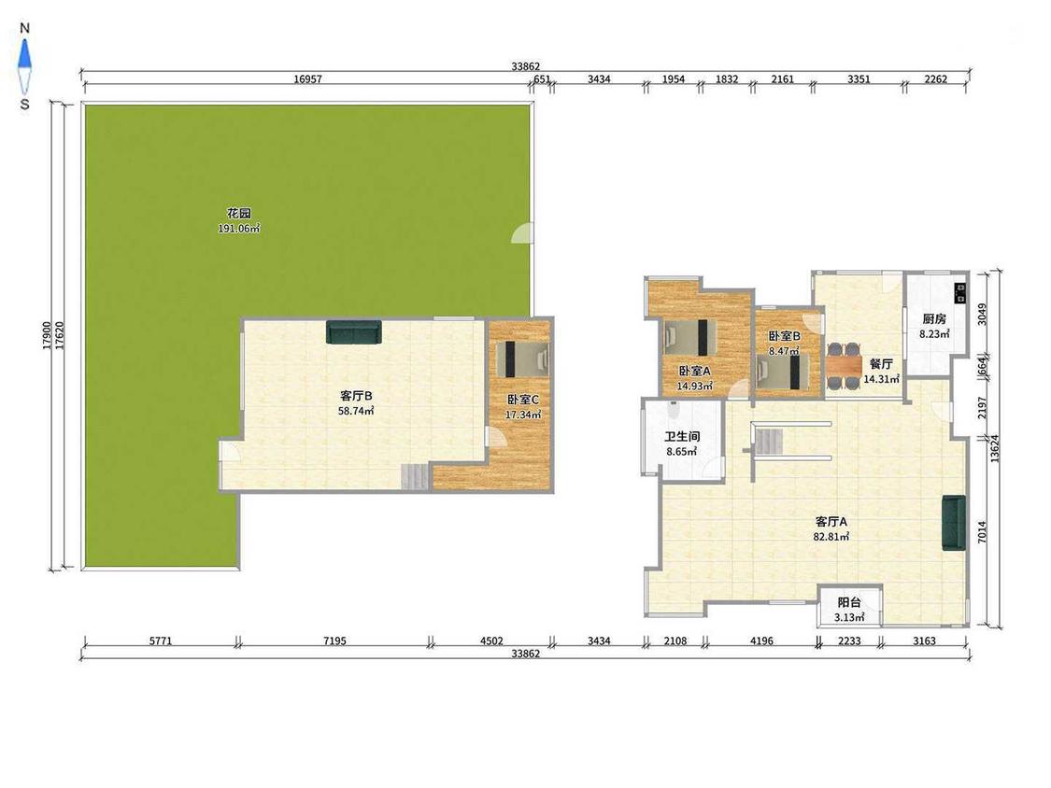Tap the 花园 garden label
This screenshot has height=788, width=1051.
[238, 213]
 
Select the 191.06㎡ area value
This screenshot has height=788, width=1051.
[238, 229]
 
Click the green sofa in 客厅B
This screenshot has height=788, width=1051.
[354, 332]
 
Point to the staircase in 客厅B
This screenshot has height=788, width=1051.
[416, 476]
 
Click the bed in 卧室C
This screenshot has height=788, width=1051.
[522, 359]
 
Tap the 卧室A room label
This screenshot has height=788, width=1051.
[694, 371]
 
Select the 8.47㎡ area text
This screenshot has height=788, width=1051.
[784, 350]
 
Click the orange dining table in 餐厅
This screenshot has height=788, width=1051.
[844, 366]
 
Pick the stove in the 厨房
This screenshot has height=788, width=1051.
[960, 293]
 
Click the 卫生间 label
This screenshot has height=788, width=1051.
[682, 436]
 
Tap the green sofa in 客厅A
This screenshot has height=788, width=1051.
[954, 523]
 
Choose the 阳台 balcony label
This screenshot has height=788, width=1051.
[849, 602]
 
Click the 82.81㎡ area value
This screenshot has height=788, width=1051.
[831, 537]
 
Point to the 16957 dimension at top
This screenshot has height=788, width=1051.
[307, 79]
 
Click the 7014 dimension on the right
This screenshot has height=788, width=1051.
[982, 532]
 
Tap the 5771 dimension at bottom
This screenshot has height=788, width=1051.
[160, 640]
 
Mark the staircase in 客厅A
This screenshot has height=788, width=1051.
[769, 442]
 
